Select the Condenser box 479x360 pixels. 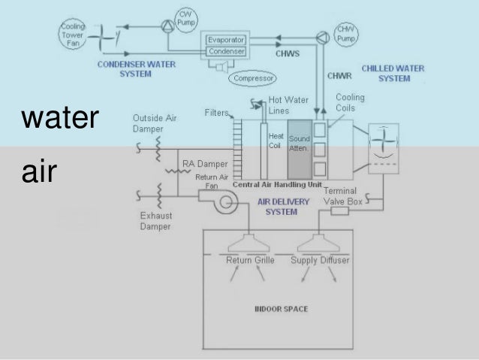click(227, 51)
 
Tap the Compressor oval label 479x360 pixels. click(254, 78)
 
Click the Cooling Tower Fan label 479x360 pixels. click(72, 34)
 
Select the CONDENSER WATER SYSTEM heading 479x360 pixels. click(137, 68)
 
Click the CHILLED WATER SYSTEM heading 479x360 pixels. click(393, 73)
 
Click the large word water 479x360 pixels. click(59, 119)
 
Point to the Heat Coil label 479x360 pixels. click(276, 141)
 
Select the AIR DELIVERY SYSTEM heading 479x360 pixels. click(279, 207)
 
